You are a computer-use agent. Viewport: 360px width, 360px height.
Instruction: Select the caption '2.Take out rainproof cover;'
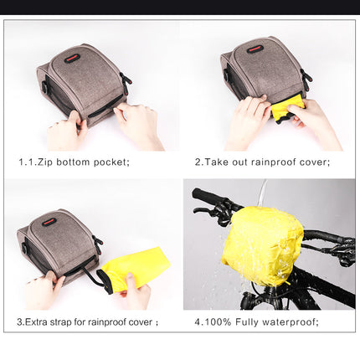[x=262, y=162]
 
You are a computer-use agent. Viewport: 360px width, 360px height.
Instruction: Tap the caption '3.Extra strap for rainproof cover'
[x=87, y=321]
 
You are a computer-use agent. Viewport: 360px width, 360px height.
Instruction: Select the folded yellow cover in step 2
[x=287, y=107]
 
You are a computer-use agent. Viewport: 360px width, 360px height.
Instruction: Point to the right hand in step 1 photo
[x=138, y=123]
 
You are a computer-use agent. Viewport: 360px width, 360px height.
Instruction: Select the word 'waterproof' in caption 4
[x=292, y=321]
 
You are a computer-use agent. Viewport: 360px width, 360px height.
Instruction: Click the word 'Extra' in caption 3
[x=43, y=321]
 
